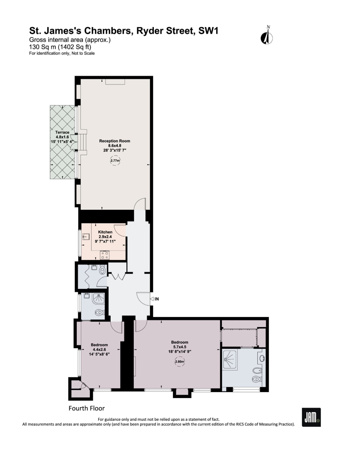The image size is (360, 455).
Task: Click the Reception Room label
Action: tap(115, 141)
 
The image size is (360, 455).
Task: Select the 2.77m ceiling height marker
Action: tap(115, 160)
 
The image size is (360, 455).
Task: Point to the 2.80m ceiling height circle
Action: tap(180, 362)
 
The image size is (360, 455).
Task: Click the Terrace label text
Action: tap(62, 132)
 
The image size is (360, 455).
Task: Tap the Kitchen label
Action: tap(105, 232)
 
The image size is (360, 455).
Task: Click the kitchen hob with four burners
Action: tap(105, 255)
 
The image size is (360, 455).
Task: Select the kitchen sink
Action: tap(86, 237)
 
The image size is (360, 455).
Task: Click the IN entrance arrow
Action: tap(152, 299)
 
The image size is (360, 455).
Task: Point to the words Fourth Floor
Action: tap(87, 408)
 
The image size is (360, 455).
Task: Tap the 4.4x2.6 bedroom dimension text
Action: tap(99, 349)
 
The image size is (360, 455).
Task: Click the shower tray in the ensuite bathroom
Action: tap(230, 360)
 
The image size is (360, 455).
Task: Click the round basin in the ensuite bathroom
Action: tap(262, 358)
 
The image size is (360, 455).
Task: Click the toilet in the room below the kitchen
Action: tap(103, 270)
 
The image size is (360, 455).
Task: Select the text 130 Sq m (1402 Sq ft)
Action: tap(60, 47)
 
